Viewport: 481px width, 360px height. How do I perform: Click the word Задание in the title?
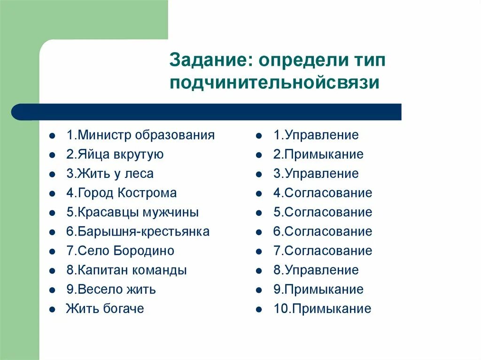(207, 61)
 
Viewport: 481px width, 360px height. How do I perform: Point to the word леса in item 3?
(139, 174)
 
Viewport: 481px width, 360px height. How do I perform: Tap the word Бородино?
(144, 251)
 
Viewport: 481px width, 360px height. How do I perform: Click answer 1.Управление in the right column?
(316, 135)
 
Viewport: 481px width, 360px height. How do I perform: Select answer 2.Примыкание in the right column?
(318, 154)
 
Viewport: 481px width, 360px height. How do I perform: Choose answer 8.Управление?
(316, 270)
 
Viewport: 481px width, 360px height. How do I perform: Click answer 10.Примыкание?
(322, 308)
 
